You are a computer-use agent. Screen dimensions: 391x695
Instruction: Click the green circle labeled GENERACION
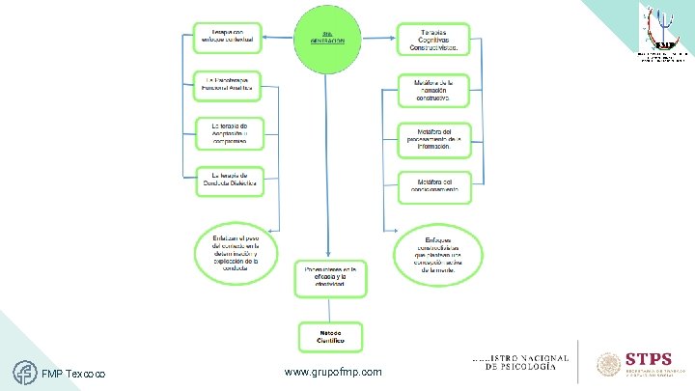(328, 39)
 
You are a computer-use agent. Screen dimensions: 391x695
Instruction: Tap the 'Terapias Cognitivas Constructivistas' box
(431, 39)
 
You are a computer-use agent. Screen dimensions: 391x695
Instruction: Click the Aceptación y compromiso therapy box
(228, 132)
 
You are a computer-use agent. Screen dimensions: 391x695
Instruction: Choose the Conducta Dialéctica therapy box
(228, 180)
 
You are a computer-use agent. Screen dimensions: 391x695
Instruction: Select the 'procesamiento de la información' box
(432, 138)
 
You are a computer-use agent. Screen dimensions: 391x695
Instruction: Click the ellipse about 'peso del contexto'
(236, 253)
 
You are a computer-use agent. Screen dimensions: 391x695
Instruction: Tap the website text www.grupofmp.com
(333, 372)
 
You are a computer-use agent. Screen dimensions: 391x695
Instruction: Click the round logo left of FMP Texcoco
(24, 370)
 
